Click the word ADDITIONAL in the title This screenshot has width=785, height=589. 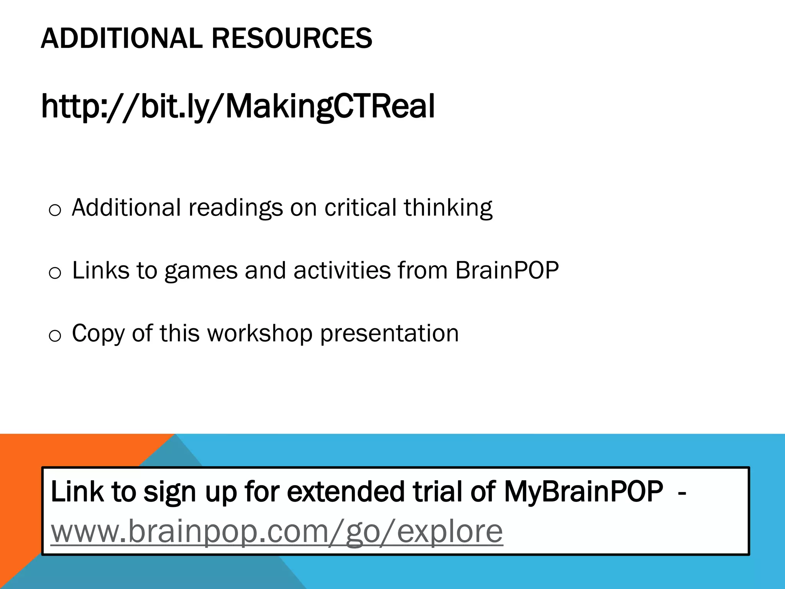122,38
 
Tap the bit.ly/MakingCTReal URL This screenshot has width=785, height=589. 238,106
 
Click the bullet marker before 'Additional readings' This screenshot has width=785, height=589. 55,210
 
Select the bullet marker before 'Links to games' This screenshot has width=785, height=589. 55,273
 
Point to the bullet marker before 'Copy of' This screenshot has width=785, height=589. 55,336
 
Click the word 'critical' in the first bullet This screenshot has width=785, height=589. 360,207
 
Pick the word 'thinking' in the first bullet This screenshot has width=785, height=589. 448,208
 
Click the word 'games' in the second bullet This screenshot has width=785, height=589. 201,271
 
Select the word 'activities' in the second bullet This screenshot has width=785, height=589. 342,270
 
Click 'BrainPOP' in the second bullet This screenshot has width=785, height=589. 507,270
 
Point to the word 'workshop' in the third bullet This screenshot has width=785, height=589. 260,334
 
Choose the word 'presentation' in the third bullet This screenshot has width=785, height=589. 389,334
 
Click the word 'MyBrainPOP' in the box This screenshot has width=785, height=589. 583,491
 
